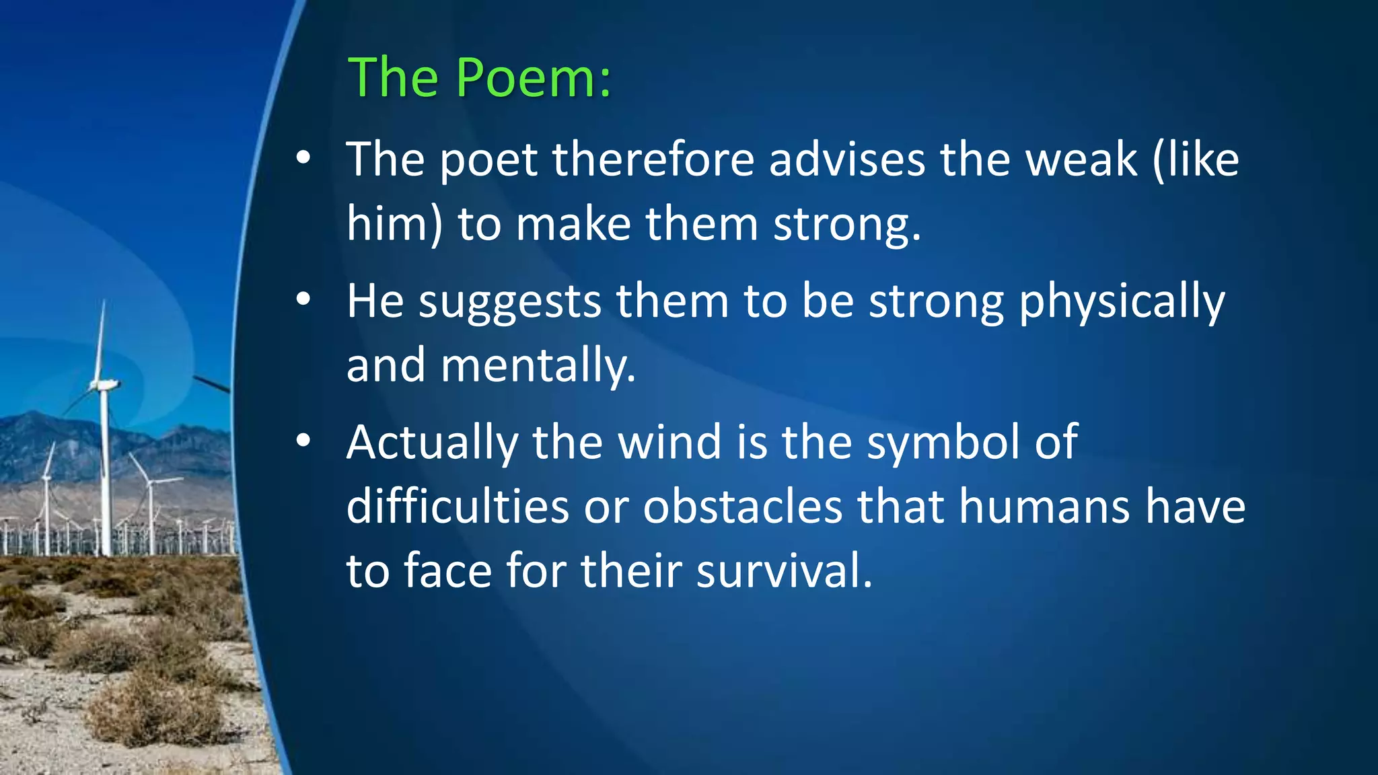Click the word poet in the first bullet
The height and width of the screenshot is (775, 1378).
click(x=488, y=160)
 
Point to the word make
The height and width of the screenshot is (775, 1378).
click(x=573, y=224)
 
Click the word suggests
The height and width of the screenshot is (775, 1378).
click(x=509, y=301)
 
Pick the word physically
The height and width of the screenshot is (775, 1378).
click(x=1122, y=301)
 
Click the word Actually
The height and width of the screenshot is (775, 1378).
click(x=432, y=443)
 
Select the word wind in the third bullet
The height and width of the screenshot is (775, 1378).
click(x=669, y=443)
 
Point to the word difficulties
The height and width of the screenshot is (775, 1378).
click(x=458, y=507)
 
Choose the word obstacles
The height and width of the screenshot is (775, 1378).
click(x=742, y=507)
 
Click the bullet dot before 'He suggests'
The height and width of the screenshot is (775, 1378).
click(x=303, y=299)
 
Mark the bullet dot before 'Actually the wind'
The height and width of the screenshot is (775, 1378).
click(x=303, y=441)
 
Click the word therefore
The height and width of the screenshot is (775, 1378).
click(x=653, y=160)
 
